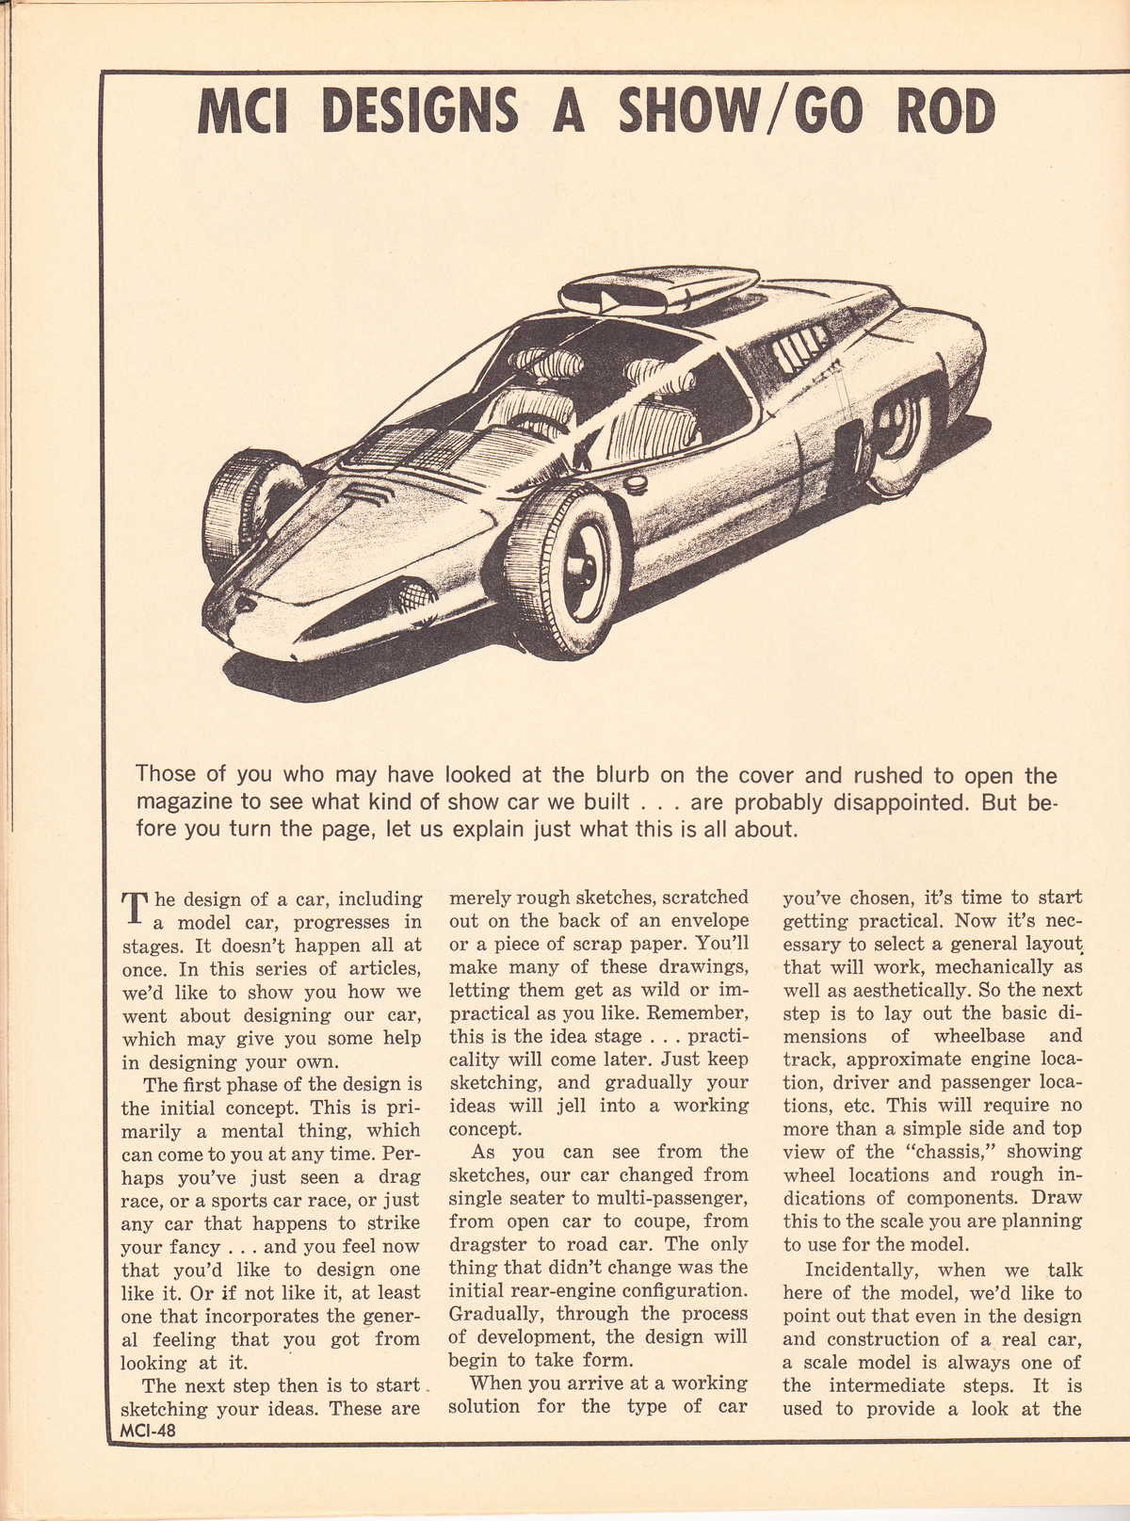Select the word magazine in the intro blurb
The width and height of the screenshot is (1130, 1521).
coord(186,803)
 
